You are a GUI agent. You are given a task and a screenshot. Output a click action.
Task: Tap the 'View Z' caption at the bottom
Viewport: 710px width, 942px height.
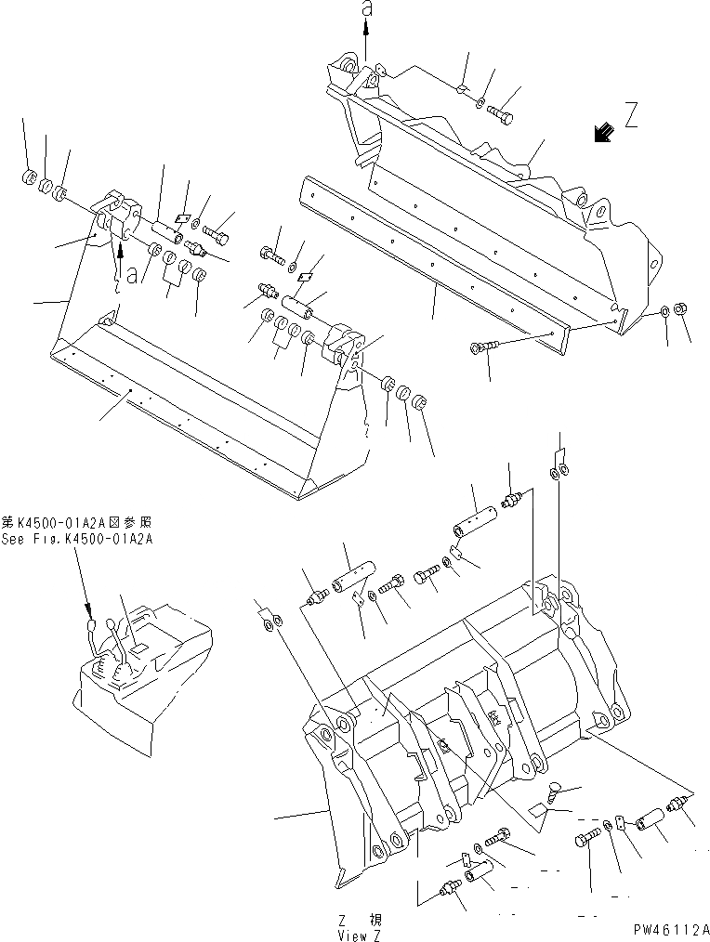[360, 933]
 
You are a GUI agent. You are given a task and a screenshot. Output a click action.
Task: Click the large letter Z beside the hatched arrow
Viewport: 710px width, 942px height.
[632, 116]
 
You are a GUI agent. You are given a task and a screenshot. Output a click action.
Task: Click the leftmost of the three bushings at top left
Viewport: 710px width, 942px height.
[28, 177]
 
